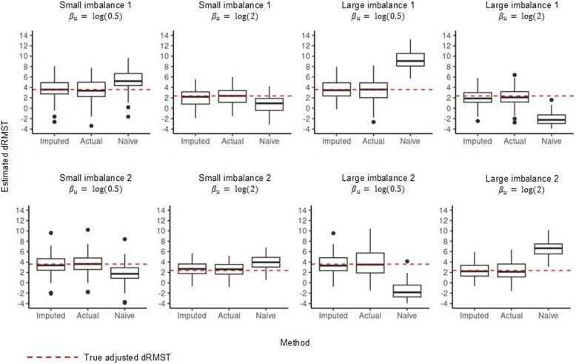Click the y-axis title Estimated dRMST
pos(6,171)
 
